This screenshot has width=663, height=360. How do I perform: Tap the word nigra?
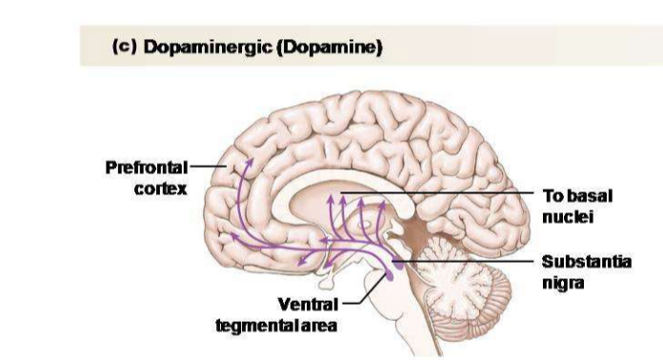[x=561, y=281]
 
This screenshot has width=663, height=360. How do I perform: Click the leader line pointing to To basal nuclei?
[x=457, y=193]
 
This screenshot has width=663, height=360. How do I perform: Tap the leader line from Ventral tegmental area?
[x=352, y=301]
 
